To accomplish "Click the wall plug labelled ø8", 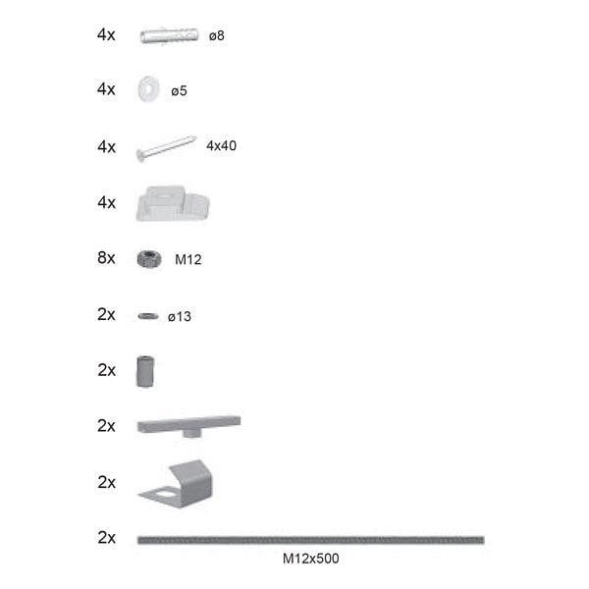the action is (x=170, y=35).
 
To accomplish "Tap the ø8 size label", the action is (x=217, y=35).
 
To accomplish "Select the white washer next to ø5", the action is (x=148, y=89).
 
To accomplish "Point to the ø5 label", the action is (x=179, y=91).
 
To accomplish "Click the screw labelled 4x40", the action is (x=167, y=148).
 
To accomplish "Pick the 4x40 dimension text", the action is (x=221, y=145).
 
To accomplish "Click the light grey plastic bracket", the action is (x=173, y=203).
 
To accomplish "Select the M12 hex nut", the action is (x=149, y=259).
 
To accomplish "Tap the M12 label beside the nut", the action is (x=188, y=259).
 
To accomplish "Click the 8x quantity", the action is (x=106, y=258).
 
